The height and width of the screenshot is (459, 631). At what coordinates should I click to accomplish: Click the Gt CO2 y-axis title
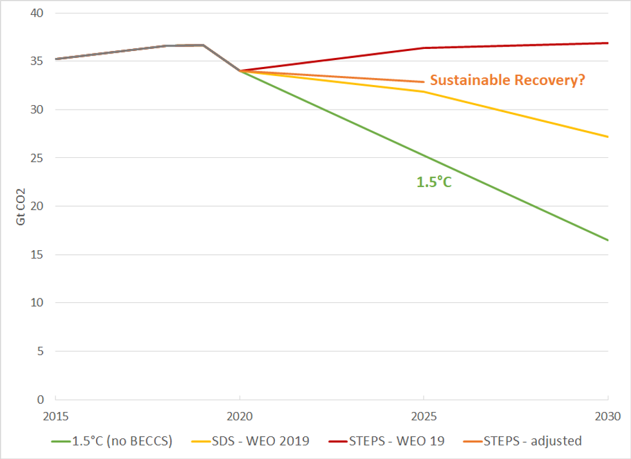point(21,206)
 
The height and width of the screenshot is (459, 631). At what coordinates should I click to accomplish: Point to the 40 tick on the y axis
point(38,13)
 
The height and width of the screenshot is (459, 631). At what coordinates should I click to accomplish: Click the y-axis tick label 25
point(38,158)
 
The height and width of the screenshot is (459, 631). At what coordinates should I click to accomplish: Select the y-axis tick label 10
point(38,302)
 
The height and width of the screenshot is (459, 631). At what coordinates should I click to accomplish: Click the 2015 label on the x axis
point(55,416)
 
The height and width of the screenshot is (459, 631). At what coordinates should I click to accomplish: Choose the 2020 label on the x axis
point(240,416)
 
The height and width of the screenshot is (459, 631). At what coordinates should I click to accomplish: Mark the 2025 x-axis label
point(424,416)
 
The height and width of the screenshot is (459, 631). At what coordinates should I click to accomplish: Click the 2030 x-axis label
point(607,416)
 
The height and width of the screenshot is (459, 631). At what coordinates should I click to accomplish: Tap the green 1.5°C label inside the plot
point(435,182)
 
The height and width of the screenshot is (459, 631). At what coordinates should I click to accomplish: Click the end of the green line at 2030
point(608,240)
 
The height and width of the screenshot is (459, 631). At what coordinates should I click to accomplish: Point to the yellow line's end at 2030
point(608,137)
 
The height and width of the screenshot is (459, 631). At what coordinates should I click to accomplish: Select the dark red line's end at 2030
point(608,43)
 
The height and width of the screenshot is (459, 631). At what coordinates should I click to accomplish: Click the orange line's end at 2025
point(424,82)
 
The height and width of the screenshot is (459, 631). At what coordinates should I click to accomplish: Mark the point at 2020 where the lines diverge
point(240,71)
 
